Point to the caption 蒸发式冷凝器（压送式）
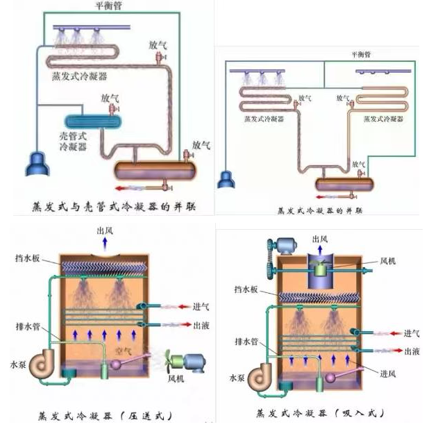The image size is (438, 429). (x=104, y=416)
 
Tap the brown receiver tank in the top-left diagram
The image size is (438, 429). (x=156, y=169)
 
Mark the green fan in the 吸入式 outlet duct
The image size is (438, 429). (x=321, y=267)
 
